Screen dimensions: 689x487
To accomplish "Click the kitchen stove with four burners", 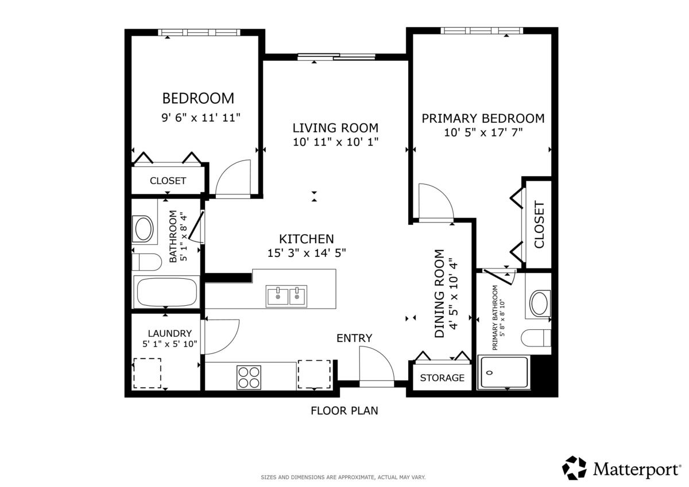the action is pos(249,377).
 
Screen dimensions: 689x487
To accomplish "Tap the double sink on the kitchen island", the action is pos(287,296).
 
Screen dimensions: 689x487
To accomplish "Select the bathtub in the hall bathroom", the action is pos(167,292).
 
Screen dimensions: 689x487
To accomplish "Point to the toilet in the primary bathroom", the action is pos(536,338).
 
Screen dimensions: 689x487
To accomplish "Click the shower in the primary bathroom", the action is pos(504,372).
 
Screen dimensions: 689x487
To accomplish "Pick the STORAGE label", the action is pos(442,377).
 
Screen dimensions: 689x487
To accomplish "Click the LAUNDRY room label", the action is pos(170,333).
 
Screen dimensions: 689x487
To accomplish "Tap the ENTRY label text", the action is pos(354,338).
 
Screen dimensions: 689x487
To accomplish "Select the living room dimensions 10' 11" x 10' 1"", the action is pos(335,142).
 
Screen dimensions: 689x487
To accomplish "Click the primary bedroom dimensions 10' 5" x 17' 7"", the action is pos(483,133).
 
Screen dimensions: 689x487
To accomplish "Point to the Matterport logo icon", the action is pos(574,468).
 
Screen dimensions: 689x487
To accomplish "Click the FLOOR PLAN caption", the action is pos(344,411).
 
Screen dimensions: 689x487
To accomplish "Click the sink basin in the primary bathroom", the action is pos(539,303).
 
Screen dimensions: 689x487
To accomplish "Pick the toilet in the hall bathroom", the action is pos(147,262).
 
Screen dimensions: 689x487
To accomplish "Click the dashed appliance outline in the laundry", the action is pos(147,373).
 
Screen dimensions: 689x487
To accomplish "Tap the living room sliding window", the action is pos(336,57).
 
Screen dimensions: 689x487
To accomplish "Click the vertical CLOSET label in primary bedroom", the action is pos(539,225).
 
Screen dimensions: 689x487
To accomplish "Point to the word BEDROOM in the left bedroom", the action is pos(198,98).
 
